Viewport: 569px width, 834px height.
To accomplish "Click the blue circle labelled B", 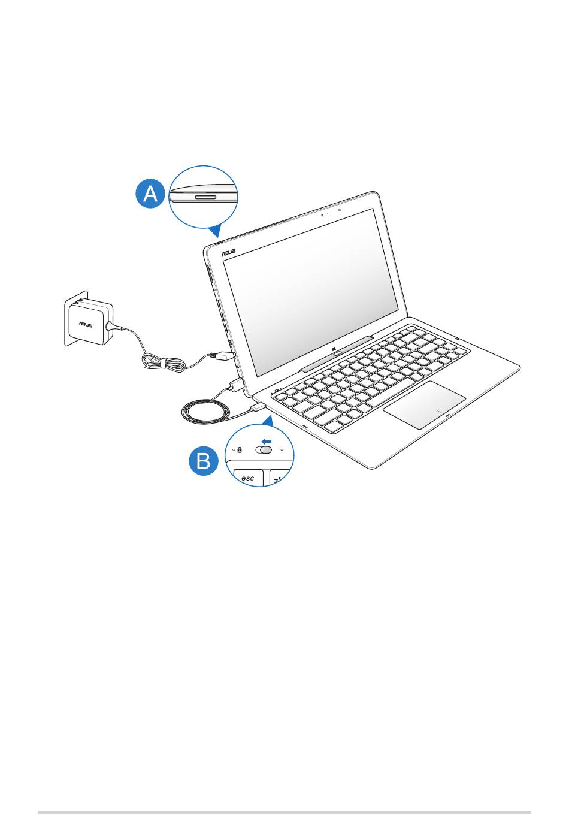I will [x=204, y=462].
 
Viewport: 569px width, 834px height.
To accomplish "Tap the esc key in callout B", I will [x=247, y=478].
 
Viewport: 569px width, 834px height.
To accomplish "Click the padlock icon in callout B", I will [x=240, y=449].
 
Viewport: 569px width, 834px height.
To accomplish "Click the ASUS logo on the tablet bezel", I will [x=229, y=253].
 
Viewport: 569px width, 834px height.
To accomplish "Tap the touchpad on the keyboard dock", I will [x=425, y=404].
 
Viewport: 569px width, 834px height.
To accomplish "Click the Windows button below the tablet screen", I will [x=337, y=353].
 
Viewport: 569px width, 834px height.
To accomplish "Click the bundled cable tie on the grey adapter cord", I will [x=162, y=363].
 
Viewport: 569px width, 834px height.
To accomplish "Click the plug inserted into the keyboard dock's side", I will [x=258, y=407].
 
